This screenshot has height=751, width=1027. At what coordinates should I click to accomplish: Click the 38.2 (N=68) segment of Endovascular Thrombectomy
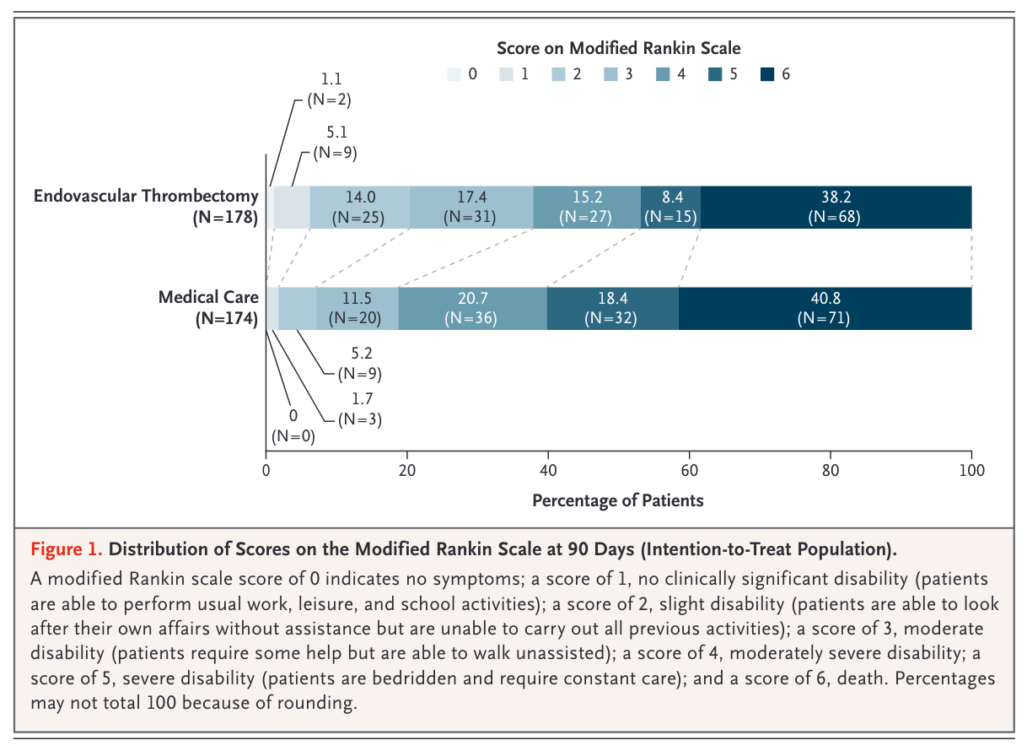click(836, 207)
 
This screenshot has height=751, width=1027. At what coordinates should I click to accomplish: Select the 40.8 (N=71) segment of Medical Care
click(825, 308)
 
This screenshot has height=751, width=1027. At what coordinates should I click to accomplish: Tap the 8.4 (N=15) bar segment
click(670, 207)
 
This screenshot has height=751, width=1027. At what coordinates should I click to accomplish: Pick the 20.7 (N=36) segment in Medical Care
click(473, 308)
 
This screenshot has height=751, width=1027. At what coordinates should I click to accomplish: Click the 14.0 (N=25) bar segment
click(359, 207)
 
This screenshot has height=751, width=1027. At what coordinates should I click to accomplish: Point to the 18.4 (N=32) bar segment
click(613, 308)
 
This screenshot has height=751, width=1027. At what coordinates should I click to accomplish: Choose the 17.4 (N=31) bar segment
click(471, 207)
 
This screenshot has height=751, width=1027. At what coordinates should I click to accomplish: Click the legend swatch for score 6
click(767, 74)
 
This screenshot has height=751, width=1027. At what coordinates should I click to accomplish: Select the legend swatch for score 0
click(454, 74)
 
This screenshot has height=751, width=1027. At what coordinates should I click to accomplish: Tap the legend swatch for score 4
click(663, 74)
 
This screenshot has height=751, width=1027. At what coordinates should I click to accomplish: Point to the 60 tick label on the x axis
click(689, 470)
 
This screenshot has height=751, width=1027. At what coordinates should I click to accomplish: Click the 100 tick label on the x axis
click(971, 470)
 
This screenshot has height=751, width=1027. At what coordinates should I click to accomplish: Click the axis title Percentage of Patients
click(617, 500)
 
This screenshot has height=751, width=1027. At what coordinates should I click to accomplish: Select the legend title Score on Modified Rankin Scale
click(619, 48)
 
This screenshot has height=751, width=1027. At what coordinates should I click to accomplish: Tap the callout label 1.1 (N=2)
click(329, 89)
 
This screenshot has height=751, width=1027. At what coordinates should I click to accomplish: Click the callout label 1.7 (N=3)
click(360, 408)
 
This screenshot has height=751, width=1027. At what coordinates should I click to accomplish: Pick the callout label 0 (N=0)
click(293, 426)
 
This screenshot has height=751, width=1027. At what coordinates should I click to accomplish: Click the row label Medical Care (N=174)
click(208, 307)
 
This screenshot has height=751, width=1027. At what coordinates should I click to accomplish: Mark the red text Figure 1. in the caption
click(67, 549)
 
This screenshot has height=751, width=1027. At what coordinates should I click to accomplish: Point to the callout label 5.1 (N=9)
click(335, 143)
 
